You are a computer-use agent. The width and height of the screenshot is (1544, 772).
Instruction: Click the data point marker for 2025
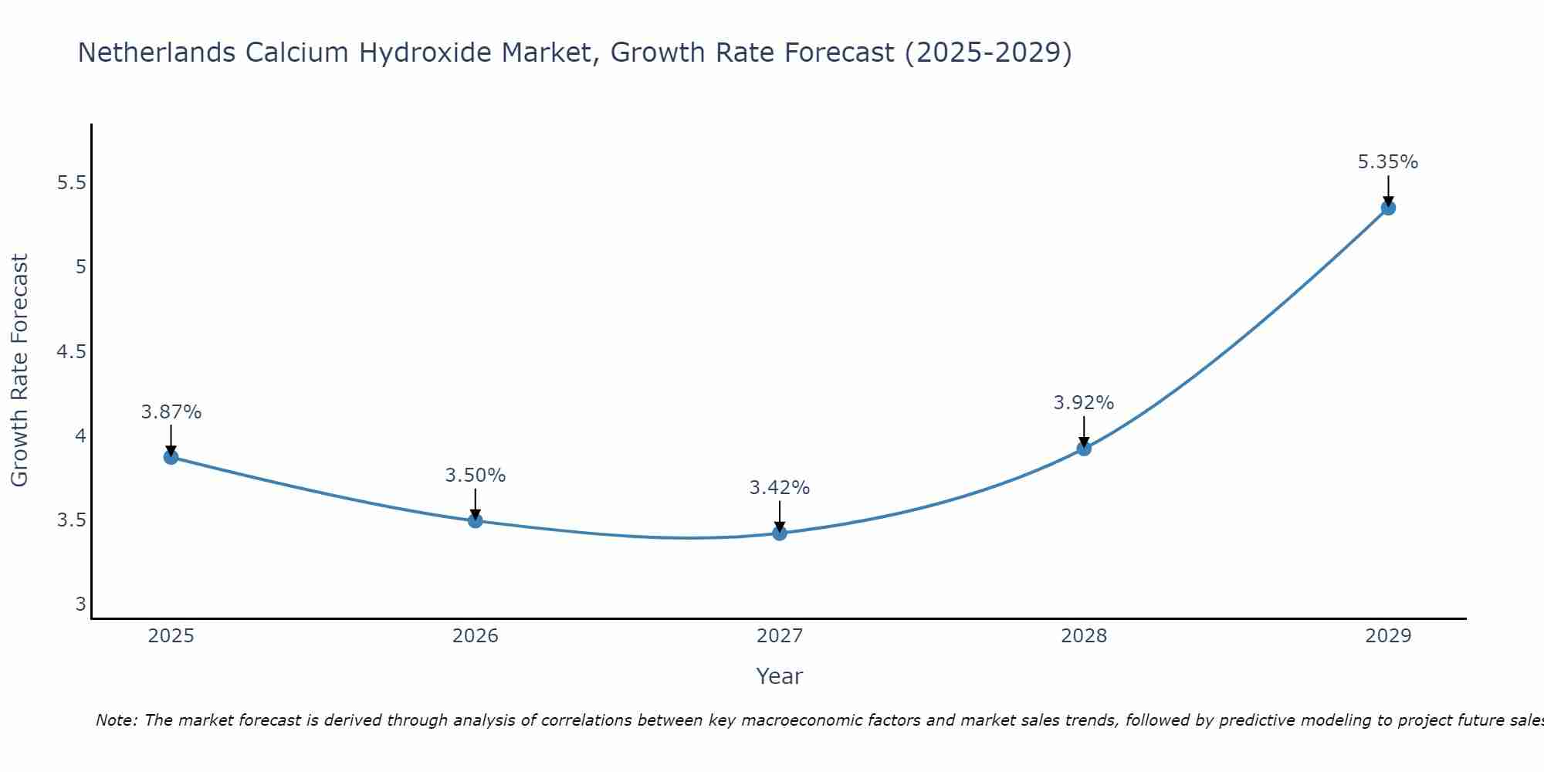(x=171, y=457)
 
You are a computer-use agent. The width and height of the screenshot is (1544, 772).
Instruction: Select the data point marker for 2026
(x=475, y=520)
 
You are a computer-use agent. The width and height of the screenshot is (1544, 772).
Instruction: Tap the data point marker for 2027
(x=779, y=533)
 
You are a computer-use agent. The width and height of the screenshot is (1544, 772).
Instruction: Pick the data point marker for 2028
(x=1083, y=449)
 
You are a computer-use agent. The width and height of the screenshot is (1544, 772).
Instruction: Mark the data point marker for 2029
(x=1387, y=208)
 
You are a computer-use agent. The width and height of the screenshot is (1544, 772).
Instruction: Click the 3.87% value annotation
(x=171, y=412)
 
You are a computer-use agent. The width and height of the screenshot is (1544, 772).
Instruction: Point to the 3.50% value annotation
(x=475, y=476)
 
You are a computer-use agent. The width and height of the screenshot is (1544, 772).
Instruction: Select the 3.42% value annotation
(x=779, y=488)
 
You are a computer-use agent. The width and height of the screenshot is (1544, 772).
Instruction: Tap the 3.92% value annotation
(x=1083, y=403)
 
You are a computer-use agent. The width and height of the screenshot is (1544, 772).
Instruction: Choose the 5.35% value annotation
(x=1387, y=162)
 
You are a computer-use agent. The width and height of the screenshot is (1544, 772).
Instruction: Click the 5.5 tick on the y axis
(x=71, y=183)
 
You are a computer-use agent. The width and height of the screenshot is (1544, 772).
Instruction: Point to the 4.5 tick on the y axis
(x=71, y=352)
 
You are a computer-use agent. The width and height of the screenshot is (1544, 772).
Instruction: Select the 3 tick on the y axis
(x=80, y=604)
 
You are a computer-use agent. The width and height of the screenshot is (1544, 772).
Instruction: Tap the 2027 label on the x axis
(x=779, y=636)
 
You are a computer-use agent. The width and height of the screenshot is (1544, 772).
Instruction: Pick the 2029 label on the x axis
(x=1387, y=636)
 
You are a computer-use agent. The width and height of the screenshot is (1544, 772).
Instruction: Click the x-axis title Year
(x=779, y=676)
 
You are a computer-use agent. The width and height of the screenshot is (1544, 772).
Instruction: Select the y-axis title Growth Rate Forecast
(x=20, y=371)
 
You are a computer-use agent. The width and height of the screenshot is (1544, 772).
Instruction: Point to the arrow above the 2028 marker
(x=1083, y=431)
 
